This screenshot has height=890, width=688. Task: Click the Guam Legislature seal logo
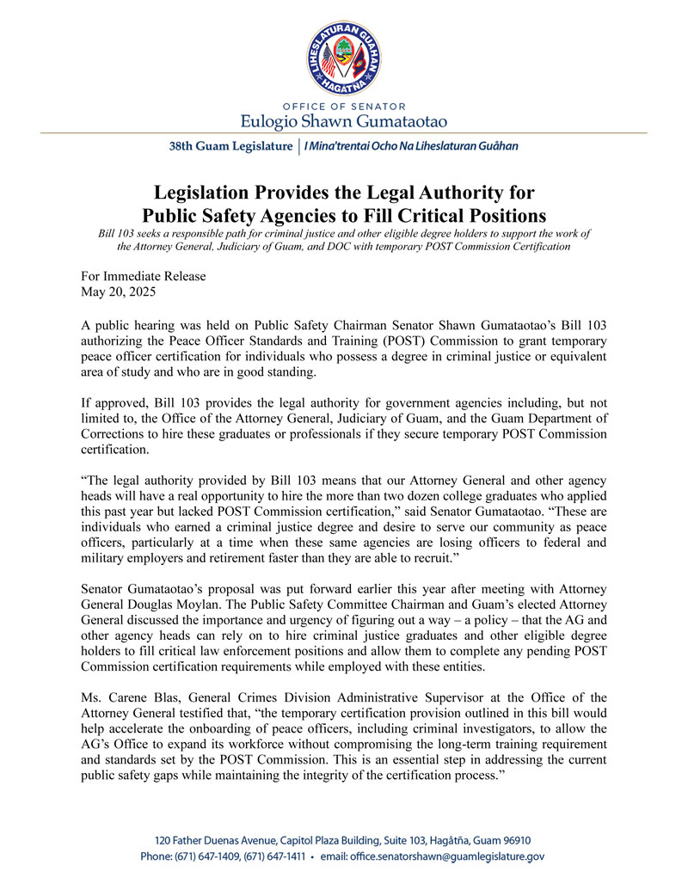[x=344, y=53]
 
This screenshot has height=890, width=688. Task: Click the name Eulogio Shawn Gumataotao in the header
[x=344, y=120]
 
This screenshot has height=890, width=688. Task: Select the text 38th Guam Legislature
[x=230, y=146]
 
